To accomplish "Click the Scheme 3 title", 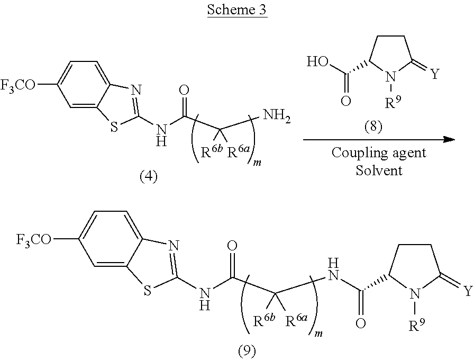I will tap(238, 11).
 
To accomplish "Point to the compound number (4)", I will tap(149, 176).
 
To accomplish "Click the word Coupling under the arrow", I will tap(353, 153).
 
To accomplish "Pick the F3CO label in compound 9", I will tap(34, 240).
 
